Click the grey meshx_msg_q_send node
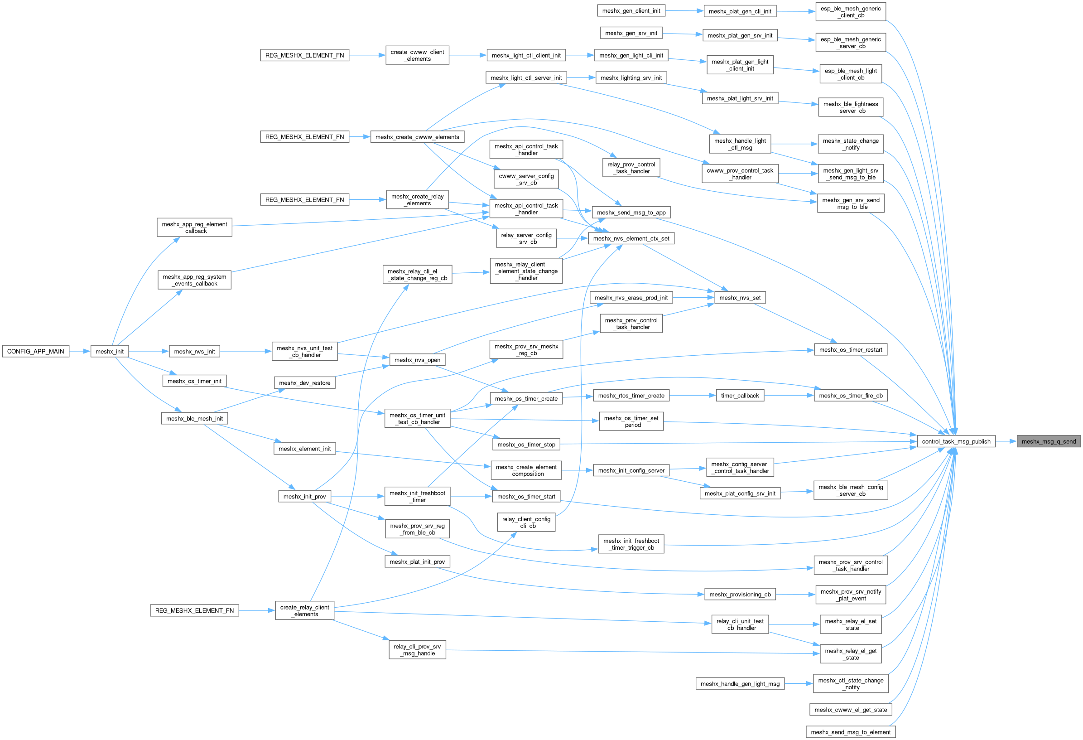(x=1049, y=441)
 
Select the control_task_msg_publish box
(x=956, y=441)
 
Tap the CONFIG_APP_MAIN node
(x=35, y=352)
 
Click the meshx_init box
(x=110, y=352)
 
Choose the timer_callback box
(x=740, y=396)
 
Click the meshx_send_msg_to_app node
(x=631, y=213)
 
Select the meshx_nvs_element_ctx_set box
(x=631, y=239)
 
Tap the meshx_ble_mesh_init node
(x=194, y=419)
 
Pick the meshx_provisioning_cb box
(x=740, y=595)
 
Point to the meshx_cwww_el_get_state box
(x=851, y=710)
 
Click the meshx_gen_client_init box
(x=631, y=11)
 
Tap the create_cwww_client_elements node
(x=417, y=55)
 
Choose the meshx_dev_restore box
(x=304, y=383)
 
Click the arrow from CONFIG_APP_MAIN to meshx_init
(x=80, y=352)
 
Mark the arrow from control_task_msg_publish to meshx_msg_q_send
(x=1006, y=441)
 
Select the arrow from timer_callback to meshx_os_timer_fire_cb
(x=789, y=396)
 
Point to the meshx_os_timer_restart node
(x=851, y=350)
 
